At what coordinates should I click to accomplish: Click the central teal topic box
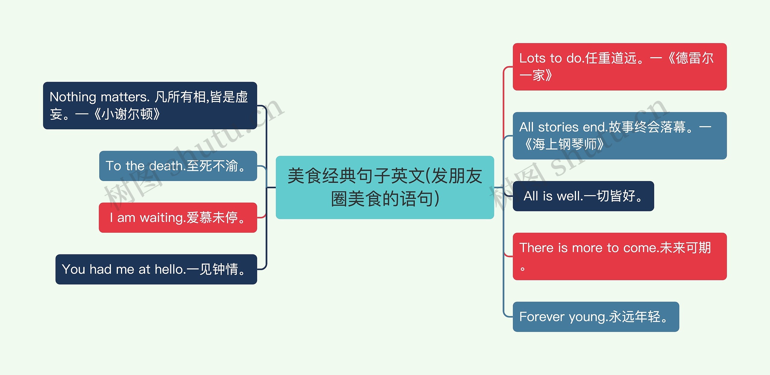385,187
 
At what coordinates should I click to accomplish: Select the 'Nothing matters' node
150,106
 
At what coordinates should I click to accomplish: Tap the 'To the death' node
178,166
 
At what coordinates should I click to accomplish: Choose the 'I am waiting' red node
178,217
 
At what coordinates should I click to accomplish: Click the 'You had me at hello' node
156,269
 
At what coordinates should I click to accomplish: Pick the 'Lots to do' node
620,67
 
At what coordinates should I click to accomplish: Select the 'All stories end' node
620,136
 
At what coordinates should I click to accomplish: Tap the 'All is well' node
583,196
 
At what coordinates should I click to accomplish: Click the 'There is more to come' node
620,256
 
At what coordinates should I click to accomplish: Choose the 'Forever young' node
596,317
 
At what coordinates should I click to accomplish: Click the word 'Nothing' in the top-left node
73,97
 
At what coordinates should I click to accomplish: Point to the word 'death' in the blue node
166,166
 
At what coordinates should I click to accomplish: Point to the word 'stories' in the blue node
558,127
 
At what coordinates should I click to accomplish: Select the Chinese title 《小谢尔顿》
127,114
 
